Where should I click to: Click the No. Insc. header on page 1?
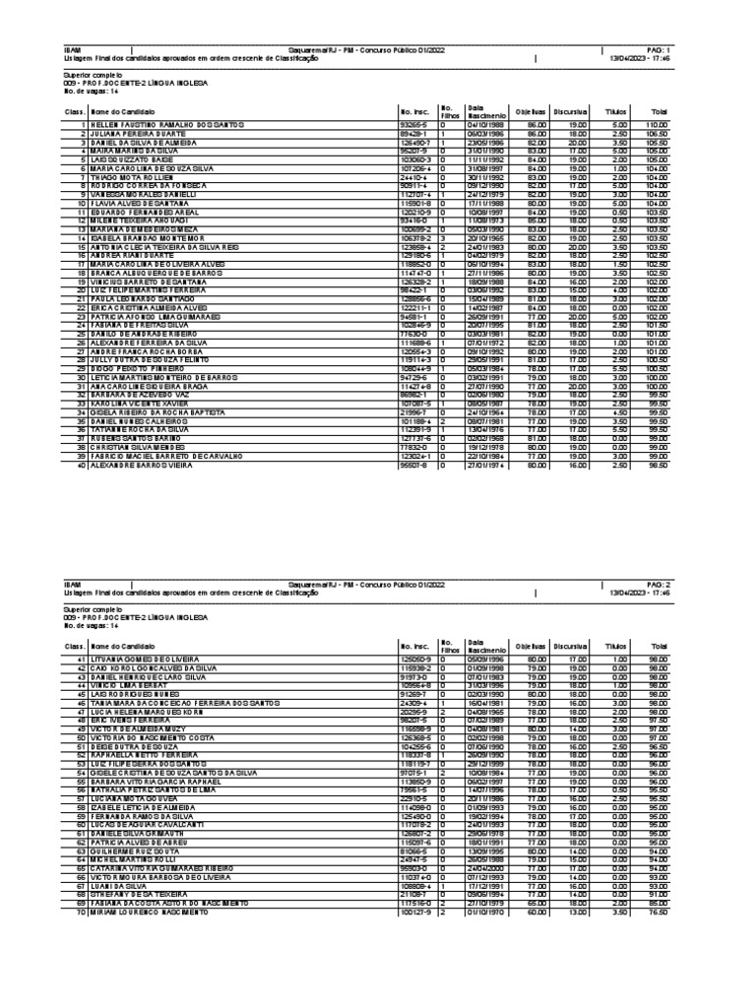point(411,111)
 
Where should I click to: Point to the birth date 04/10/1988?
point(485,126)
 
